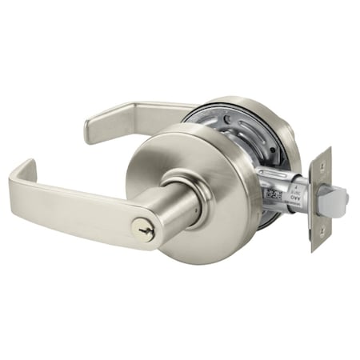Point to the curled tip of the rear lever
click(x=89, y=129)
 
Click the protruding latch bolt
click(x=337, y=193)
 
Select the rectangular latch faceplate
click(x=321, y=196)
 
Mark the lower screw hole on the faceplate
click(x=318, y=232)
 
